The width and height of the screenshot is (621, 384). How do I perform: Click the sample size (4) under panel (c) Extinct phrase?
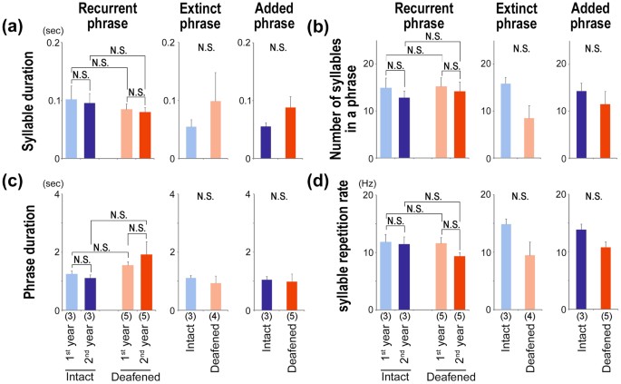217,318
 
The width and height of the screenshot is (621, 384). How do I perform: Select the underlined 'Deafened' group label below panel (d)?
444,373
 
